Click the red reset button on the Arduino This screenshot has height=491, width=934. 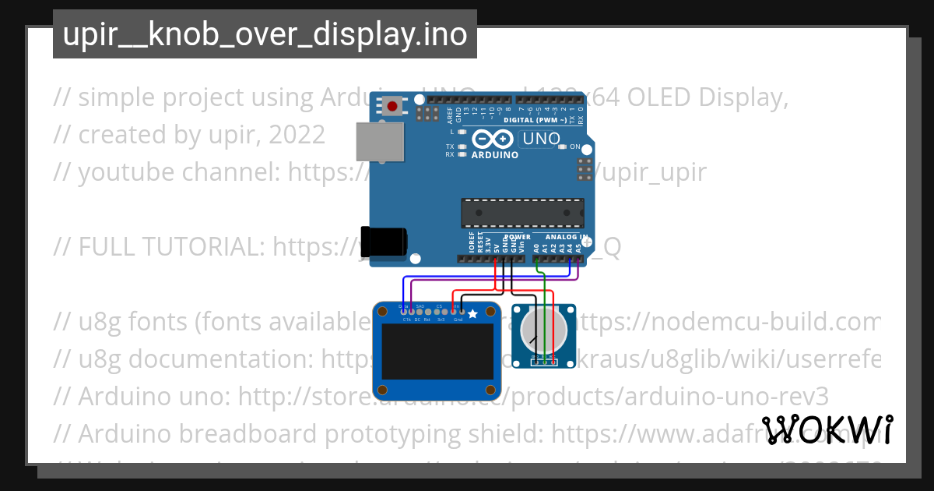point(392,105)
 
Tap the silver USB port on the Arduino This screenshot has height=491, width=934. point(380,143)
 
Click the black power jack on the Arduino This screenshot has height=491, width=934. point(384,241)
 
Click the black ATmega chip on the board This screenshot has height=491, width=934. point(521,213)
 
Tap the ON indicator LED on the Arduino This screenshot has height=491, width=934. point(564,147)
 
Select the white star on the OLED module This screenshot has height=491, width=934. point(472,313)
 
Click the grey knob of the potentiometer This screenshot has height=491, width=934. point(542,330)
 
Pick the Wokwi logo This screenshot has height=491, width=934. point(827,430)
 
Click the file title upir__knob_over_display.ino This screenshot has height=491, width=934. point(265,34)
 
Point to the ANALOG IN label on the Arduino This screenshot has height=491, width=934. point(566,237)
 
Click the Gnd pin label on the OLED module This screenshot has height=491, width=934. point(458,320)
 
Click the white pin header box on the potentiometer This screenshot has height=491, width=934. point(542,362)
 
